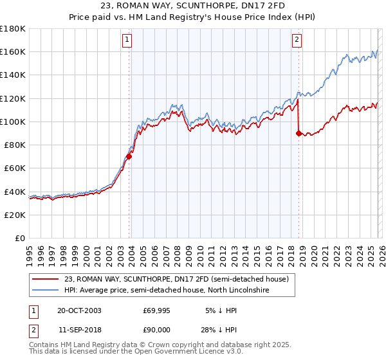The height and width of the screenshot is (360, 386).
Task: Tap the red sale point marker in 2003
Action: coord(129,156)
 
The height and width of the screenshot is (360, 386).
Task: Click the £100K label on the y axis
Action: coord(13,122)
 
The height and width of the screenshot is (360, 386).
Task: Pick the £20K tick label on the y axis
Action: coord(15,215)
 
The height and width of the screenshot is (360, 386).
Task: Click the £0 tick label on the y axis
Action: coord(19,238)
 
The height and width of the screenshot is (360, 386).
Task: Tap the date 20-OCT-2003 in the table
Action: coord(79,310)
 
